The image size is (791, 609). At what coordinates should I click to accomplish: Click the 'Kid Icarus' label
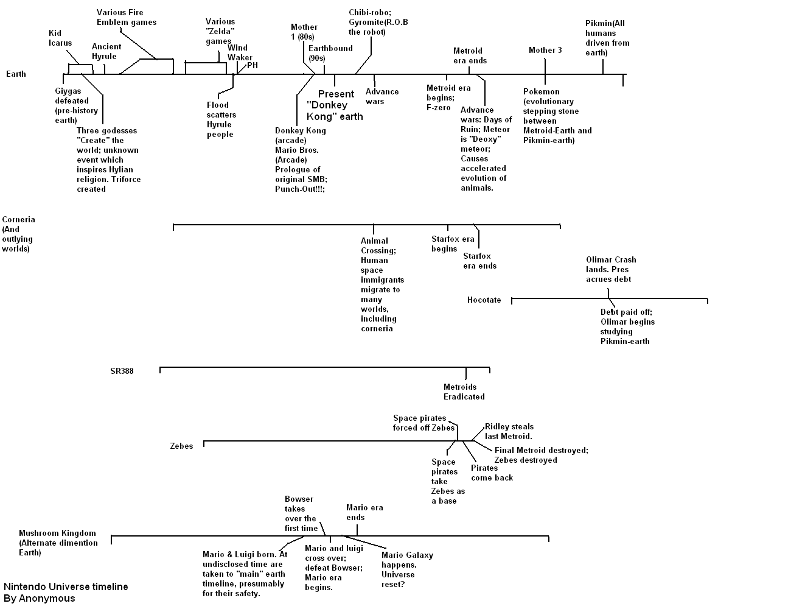(60, 38)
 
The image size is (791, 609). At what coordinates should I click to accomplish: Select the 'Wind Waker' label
(240, 52)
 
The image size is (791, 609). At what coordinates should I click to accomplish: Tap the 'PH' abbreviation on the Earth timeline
(253, 66)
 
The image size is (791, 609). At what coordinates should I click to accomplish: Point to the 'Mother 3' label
(545, 51)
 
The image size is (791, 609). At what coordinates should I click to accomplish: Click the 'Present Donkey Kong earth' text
(335, 105)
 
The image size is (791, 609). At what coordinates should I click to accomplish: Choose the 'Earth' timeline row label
(16, 74)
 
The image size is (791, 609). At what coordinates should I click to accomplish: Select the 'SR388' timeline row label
(122, 371)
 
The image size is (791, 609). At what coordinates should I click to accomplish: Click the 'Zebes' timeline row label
(181, 446)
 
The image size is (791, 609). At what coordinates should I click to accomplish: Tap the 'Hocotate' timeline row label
(484, 300)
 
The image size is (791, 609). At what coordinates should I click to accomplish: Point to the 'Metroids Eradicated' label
(464, 392)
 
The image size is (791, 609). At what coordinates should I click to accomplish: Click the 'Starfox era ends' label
(479, 261)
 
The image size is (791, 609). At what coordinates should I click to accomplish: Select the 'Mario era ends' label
(364, 513)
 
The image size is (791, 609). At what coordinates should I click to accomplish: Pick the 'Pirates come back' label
(492, 473)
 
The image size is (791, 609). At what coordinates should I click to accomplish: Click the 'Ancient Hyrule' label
(106, 51)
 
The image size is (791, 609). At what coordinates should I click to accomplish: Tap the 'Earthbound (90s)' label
(330, 53)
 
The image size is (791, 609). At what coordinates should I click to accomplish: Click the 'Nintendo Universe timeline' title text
(66, 586)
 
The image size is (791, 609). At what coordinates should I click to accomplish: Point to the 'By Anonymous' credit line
(40, 598)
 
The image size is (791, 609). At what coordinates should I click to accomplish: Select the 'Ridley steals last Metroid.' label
(509, 431)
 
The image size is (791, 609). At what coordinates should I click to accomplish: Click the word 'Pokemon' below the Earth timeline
(542, 92)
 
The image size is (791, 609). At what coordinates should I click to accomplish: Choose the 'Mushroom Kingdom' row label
(58, 533)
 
